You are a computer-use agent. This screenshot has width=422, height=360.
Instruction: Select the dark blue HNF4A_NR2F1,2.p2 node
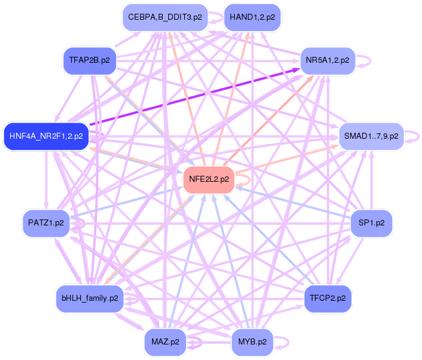click(46, 136)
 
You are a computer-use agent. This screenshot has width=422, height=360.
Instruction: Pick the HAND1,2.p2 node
click(252, 17)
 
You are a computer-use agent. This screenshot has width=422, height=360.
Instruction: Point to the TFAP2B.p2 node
click(89, 60)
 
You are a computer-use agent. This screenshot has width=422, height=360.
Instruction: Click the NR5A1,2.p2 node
click(327, 60)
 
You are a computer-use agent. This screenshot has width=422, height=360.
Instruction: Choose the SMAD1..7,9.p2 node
click(372, 136)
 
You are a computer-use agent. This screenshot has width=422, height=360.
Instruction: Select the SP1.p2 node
click(371, 223)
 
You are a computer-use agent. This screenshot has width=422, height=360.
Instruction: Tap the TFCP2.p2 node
click(327, 297)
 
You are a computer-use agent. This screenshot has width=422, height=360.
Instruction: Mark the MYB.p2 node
click(252, 342)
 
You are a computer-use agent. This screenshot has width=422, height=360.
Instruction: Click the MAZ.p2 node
click(165, 342)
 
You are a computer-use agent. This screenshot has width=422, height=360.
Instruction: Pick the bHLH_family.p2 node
click(90, 297)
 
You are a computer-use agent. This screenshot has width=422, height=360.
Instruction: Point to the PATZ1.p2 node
click(45, 223)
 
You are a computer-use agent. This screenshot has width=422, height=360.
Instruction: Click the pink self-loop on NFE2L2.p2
click(245, 178)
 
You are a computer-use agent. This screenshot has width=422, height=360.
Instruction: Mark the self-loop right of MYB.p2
click(286, 342)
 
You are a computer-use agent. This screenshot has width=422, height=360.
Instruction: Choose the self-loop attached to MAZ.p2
click(199, 343)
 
